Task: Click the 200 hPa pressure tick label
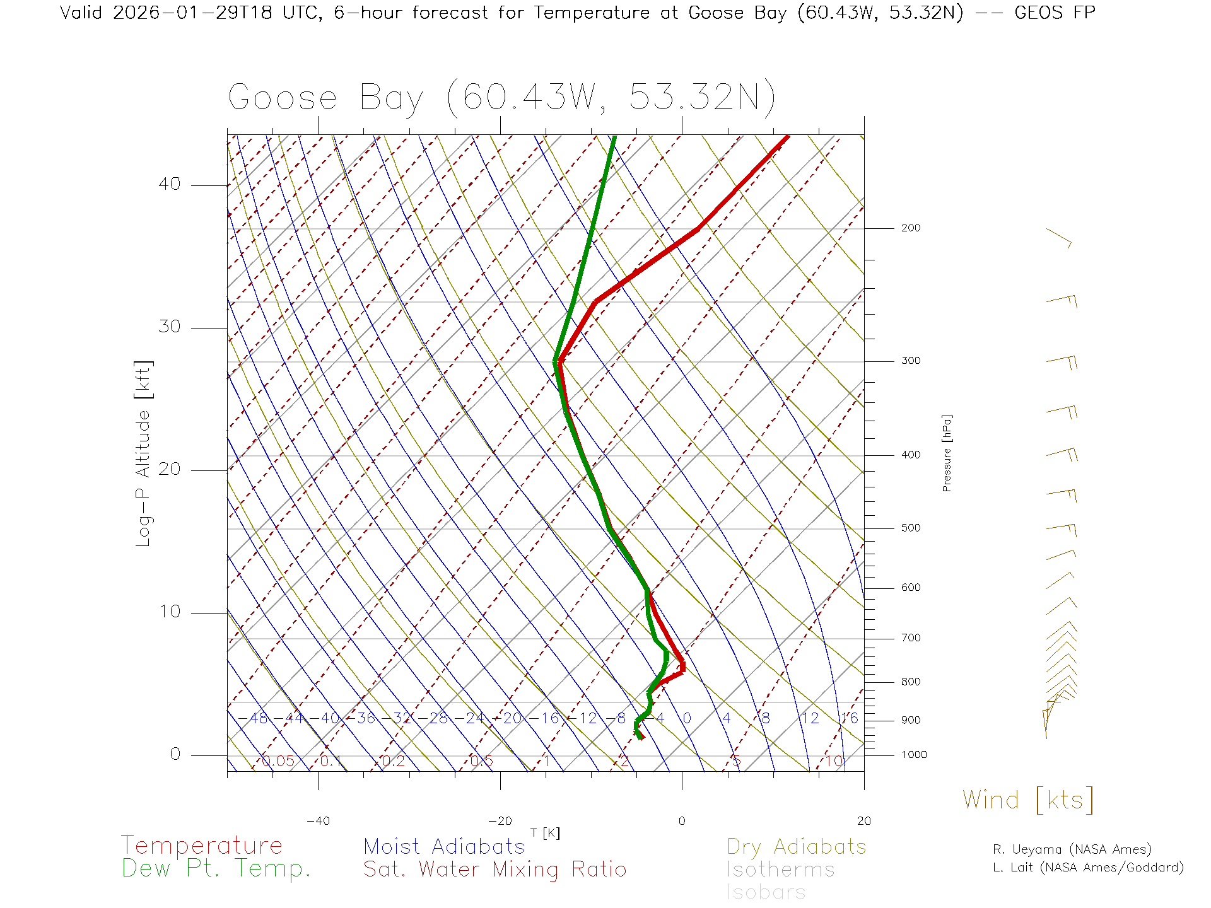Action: coord(910,228)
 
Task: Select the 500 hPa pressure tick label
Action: coord(910,528)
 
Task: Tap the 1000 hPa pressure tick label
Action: coord(914,755)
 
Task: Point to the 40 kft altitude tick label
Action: coord(169,184)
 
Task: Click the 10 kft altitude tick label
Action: coord(169,612)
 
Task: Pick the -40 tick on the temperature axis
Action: coord(318,821)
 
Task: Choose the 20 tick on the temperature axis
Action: coord(863,821)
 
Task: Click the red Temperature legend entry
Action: coord(202,846)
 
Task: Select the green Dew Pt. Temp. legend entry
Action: coord(216,869)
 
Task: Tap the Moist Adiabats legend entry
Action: coord(444,846)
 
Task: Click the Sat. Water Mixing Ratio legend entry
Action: coord(494,870)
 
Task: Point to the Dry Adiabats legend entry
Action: coord(796,846)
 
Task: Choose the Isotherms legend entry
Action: coord(780,870)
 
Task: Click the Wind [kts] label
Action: coord(1027,800)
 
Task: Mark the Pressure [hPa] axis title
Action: coord(947,453)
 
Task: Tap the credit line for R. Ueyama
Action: coord(1072,849)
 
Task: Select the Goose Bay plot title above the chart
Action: coord(501,98)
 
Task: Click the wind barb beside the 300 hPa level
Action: coord(1062,361)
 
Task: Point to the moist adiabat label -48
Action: coord(254,718)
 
